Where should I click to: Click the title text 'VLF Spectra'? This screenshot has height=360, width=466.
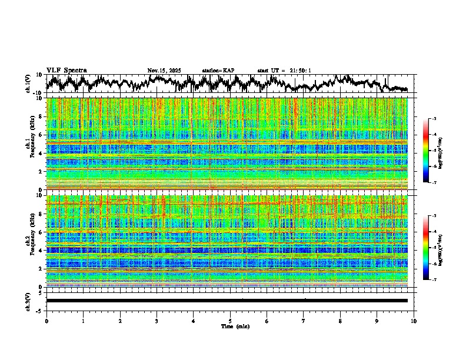click(66, 70)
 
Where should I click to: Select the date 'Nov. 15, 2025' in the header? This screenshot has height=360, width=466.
click(164, 71)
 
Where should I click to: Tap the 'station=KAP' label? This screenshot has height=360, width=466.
click(218, 71)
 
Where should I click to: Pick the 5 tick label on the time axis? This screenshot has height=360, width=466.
click(230, 321)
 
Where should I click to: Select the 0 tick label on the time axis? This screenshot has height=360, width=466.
click(46, 321)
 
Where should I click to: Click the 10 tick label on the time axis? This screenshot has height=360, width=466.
click(414, 321)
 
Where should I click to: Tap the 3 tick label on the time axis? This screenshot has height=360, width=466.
click(157, 321)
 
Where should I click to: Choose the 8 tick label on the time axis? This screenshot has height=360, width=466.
click(340, 321)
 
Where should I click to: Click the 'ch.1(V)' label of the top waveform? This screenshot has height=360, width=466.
click(29, 84)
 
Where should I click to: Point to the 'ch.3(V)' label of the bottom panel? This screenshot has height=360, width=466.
click(29, 301)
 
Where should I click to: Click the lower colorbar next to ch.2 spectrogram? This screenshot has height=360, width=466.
click(426, 248)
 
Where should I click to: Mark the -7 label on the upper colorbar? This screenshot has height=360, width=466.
click(435, 183)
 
